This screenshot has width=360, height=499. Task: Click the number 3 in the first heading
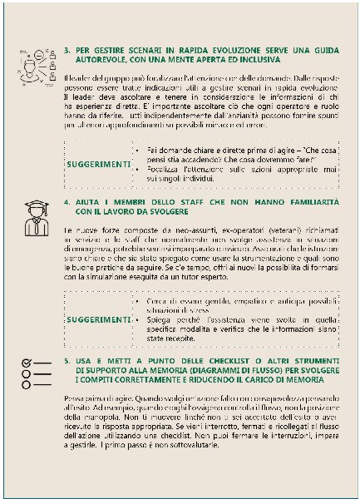[67, 50]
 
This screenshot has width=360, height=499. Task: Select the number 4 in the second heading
[67, 202]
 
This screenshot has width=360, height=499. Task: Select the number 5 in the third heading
[67, 359]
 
